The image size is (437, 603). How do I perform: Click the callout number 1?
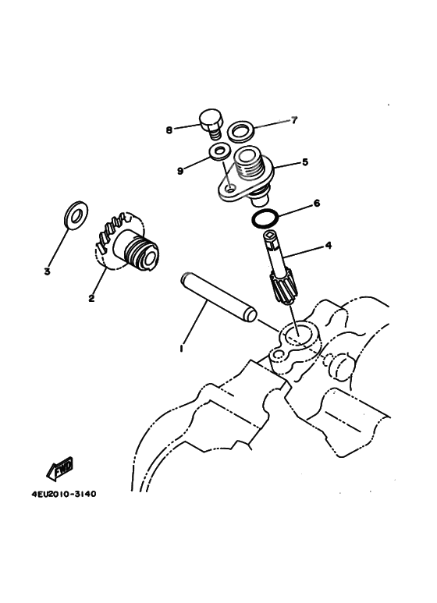click(181, 349)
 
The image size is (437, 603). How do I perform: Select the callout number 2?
click(91, 298)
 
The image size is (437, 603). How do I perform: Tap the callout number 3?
click(47, 272)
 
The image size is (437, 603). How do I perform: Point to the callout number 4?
click(328, 246)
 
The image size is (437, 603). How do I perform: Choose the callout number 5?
click(305, 163)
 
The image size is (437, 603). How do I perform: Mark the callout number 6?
click(316, 204)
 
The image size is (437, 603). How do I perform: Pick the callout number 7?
click(293, 121)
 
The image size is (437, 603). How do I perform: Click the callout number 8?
click(169, 130)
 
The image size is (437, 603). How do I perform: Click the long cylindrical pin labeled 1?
click(218, 296)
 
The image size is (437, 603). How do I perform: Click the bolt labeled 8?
click(211, 123)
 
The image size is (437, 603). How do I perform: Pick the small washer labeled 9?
click(219, 151)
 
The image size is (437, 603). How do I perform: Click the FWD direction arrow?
click(60, 469)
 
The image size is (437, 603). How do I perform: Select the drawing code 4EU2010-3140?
click(66, 494)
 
